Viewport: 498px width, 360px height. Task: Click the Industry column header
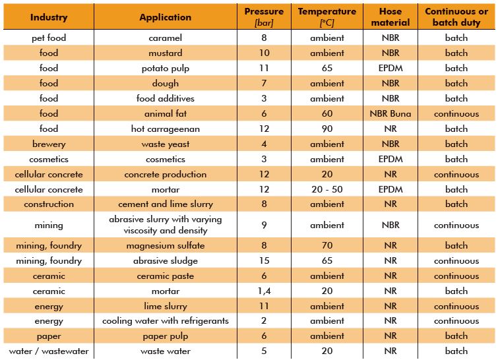(x=49, y=17)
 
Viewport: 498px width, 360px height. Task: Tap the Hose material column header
(x=390, y=17)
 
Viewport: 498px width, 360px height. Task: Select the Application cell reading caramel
(x=165, y=38)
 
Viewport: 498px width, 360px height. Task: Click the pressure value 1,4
(x=264, y=291)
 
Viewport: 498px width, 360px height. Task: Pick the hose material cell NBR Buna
(x=390, y=113)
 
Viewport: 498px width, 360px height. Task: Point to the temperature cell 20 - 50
(x=327, y=189)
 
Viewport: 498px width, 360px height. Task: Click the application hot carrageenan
(x=165, y=129)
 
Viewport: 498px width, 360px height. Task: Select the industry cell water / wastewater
(x=49, y=351)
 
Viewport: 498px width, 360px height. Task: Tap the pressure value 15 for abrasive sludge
(x=264, y=260)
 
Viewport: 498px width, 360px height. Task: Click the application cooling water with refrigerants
(x=165, y=321)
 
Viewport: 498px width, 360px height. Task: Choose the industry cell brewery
(x=49, y=144)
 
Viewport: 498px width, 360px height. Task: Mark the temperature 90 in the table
(x=327, y=129)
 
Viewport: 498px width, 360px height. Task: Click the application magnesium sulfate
(x=165, y=246)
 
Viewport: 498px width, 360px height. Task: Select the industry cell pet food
(x=49, y=38)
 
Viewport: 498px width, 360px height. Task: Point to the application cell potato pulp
(x=165, y=69)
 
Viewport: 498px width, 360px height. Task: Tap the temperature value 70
(x=327, y=245)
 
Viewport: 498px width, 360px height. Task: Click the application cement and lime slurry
(x=165, y=204)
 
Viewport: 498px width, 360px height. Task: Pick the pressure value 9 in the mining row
(x=264, y=225)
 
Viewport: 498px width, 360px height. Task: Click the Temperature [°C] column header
(x=327, y=17)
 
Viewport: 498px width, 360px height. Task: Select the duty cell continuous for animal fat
(x=456, y=113)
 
